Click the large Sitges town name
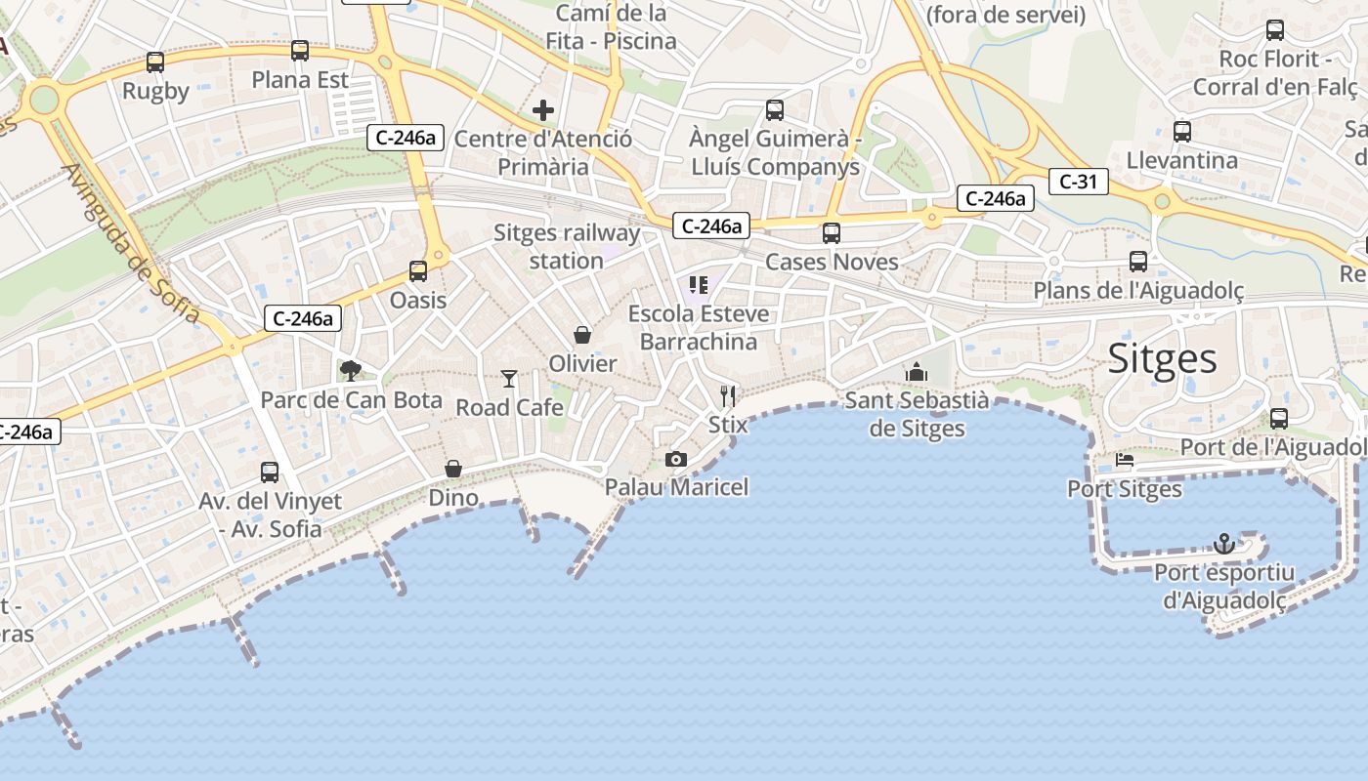coord(1162,359)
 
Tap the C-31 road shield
coord(1078,181)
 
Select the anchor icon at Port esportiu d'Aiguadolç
coord(1223,543)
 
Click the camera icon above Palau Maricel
coord(675,459)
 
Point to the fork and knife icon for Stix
coord(727,395)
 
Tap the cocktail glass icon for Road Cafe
coord(508,378)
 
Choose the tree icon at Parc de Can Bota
coord(350,370)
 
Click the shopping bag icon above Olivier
coord(582,335)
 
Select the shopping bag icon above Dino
coord(453,469)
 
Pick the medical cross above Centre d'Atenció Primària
coord(543,110)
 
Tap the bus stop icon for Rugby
coord(155,62)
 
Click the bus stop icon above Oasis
coord(418,270)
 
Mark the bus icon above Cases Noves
coord(832,232)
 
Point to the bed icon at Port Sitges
coord(1124,460)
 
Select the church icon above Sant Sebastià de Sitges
coord(917,371)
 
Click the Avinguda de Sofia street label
coord(132,244)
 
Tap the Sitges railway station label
coord(567,247)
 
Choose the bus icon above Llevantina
coord(1182,131)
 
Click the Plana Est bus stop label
coord(300,80)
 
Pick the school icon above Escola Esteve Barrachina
coord(699,285)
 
